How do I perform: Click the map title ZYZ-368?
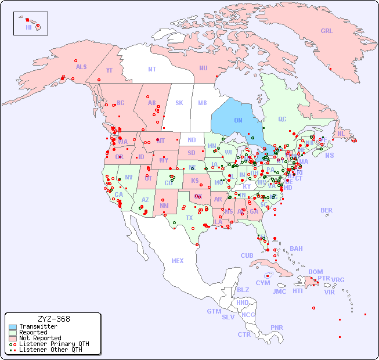(53, 319)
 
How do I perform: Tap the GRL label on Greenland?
(327, 31)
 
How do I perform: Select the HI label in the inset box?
(28, 27)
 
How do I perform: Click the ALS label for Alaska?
(81, 67)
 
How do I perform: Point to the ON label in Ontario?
(238, 120)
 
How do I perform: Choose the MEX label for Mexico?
(177, 261)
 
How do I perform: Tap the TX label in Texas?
(189, 218)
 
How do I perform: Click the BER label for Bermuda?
(326, 210)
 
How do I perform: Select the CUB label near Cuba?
(247, 255)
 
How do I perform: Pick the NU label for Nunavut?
(203, 68)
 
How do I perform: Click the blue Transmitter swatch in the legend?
(13, 327)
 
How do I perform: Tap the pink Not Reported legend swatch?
(13, 338)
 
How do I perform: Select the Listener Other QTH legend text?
(50, 350)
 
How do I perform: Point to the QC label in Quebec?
(282, 119)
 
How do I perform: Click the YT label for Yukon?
(109, 70)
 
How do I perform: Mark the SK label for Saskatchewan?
(179, 103)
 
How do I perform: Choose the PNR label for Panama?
(277, 327)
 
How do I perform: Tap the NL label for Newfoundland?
(341, 134)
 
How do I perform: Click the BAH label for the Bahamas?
(296, 249)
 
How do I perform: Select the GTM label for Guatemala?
(214, 311)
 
